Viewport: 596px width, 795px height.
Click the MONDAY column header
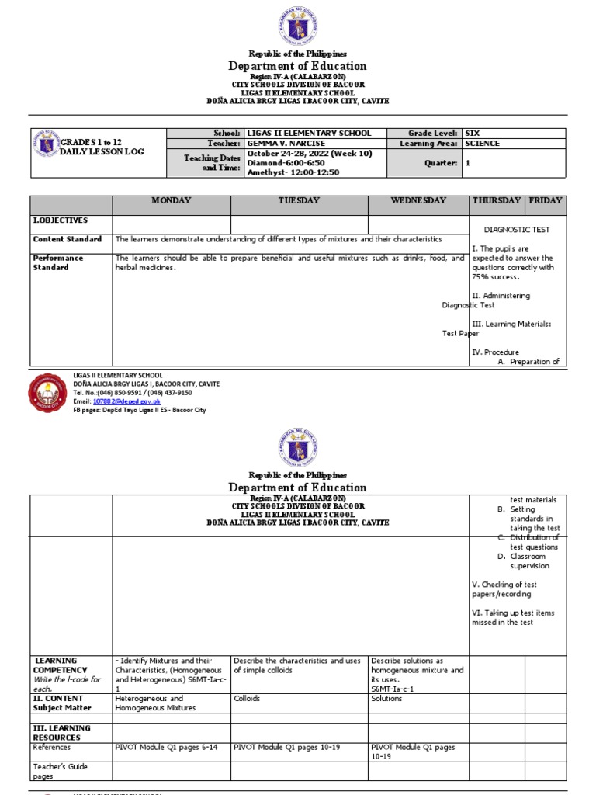(171, 201)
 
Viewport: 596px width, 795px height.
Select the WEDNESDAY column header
(418, 201)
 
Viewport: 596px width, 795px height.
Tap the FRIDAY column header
(545, 201)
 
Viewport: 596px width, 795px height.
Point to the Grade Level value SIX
(472, 134)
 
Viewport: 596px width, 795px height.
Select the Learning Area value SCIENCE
(482, 144)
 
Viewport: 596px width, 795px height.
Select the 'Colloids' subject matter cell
(248, 699)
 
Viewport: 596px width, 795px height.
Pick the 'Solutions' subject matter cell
(386, 699)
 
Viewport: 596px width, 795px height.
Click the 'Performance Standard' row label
(58, 262)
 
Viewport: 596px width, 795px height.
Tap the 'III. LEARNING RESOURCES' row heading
(61, 733)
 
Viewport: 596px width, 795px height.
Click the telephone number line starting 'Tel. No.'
(132, 393)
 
